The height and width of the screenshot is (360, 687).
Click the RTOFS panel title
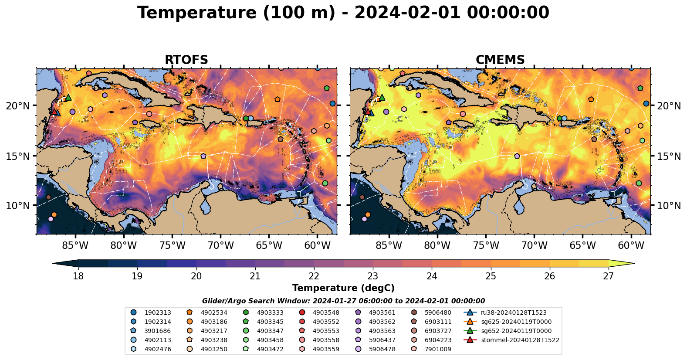[186, 60]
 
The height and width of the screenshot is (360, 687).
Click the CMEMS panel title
[500, 60]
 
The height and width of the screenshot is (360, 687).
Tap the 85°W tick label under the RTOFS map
[75, 246]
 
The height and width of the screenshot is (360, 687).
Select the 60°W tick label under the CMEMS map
[631, 246]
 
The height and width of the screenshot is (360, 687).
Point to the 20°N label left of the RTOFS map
[18, 106]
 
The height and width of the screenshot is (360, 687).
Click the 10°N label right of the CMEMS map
[669, 206]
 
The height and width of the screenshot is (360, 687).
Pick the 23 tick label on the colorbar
[372, 276]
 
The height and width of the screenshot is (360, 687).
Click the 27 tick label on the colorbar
[608, 276]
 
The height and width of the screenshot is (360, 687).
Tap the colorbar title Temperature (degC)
[343, 288]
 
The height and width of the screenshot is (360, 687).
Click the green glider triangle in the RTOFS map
[68, 97]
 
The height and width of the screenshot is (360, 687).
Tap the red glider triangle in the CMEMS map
[368, 112]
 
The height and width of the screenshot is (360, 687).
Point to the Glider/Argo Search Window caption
[343, 301]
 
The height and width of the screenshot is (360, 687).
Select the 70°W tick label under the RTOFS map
[220, 246]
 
